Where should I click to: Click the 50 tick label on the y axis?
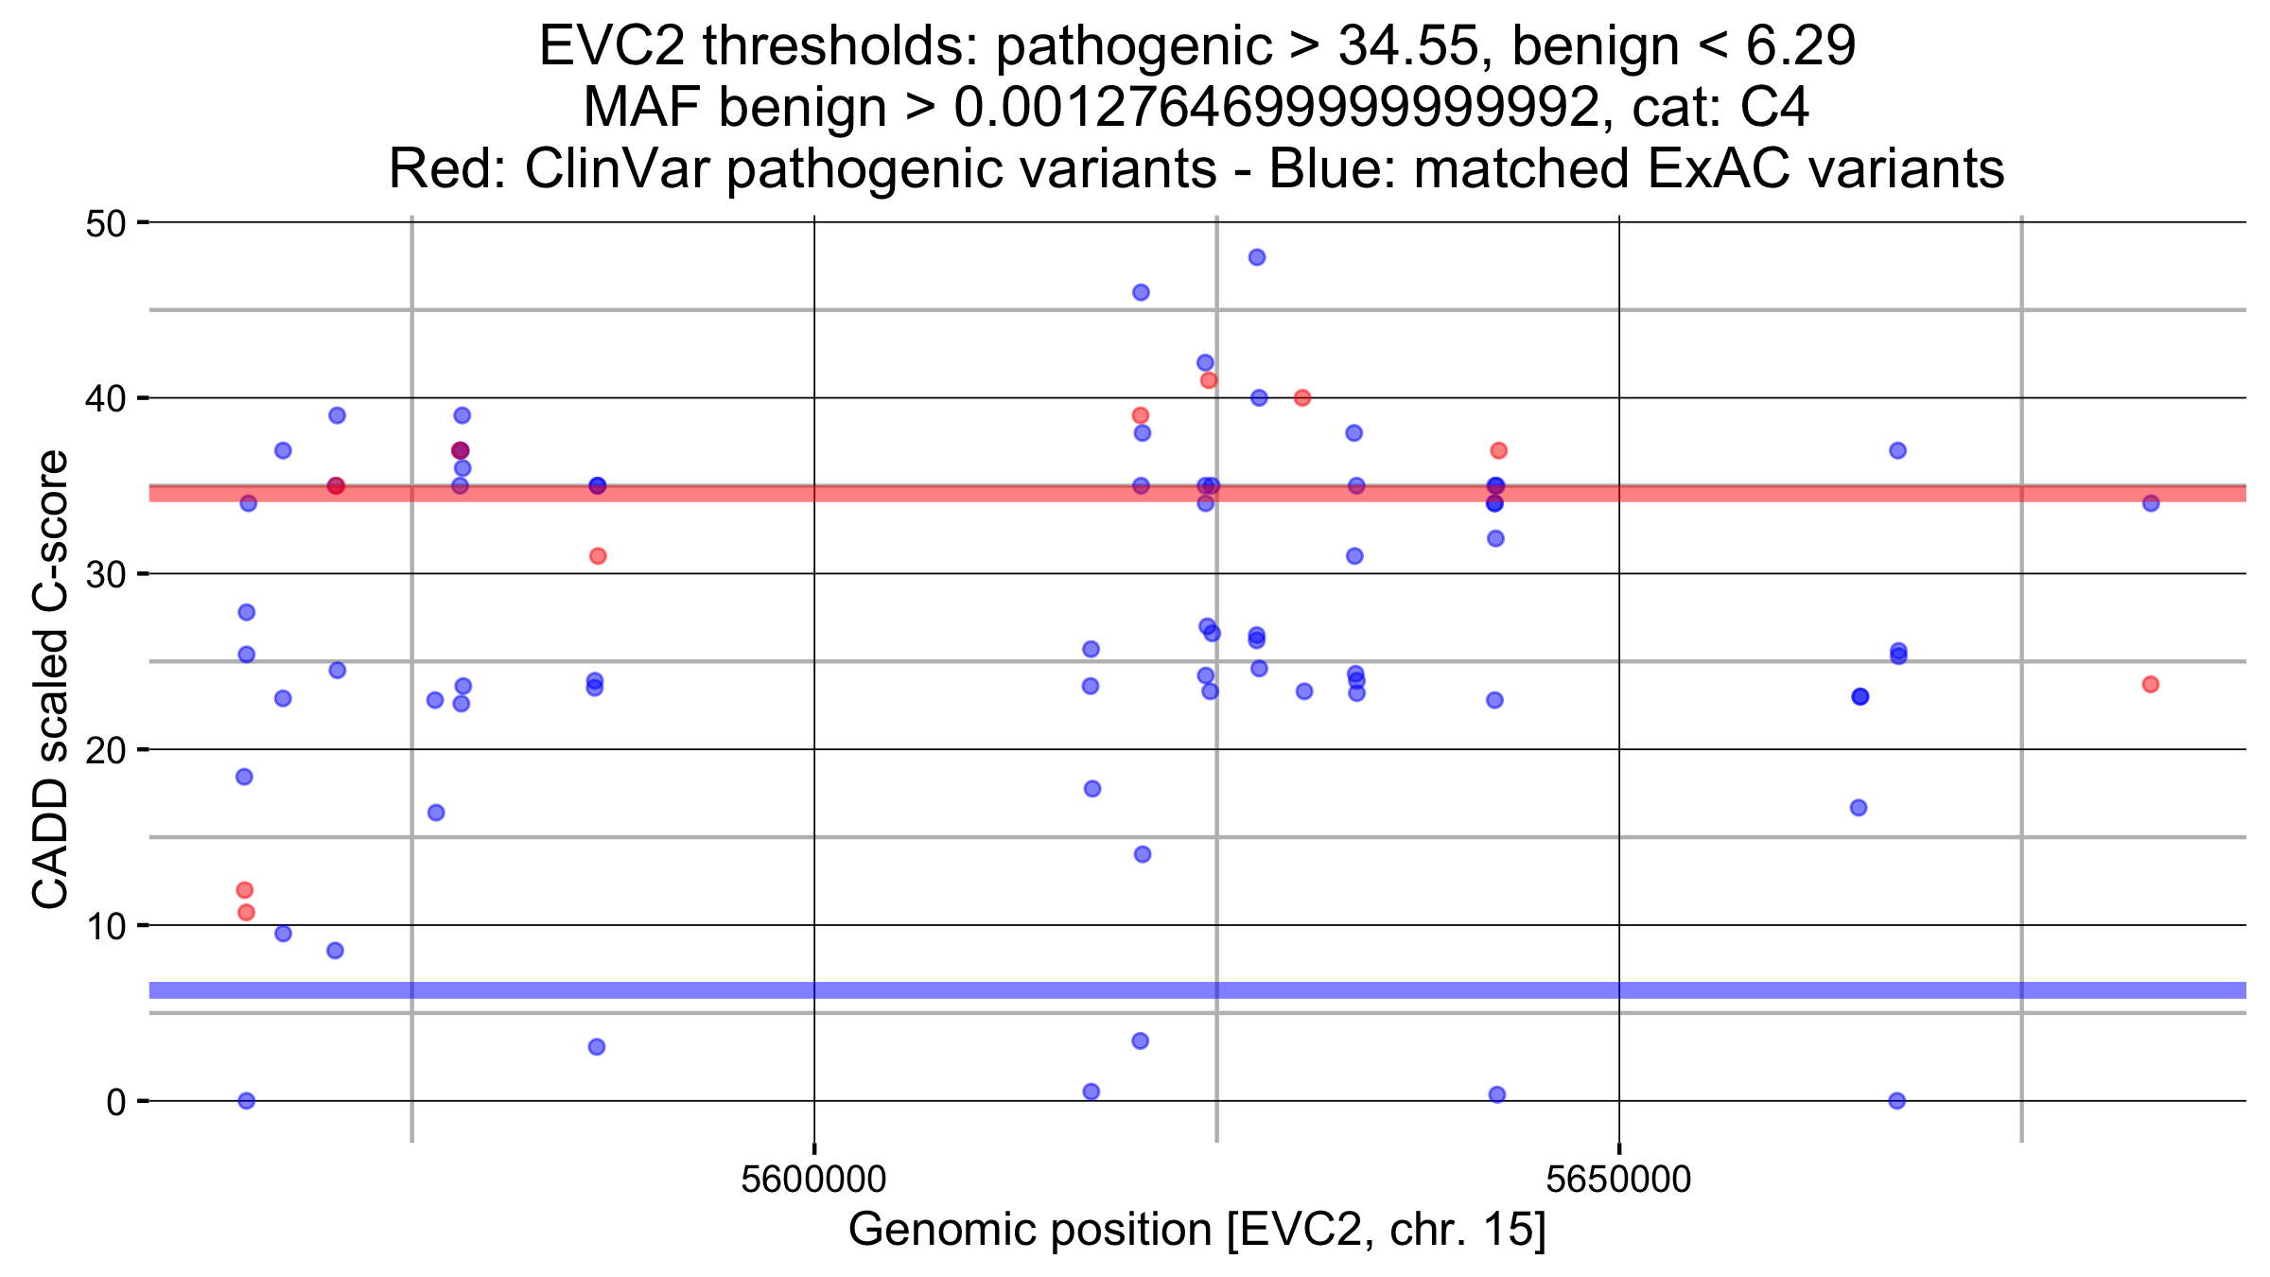105,224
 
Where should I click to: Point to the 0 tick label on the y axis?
115,1102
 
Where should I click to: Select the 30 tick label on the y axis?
105,575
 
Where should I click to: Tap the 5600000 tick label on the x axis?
813,1180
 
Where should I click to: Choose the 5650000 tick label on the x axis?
1618,1180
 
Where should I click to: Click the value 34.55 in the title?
1407,45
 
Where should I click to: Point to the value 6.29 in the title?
1801,45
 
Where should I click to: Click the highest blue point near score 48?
1257,257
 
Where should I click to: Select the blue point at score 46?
1141,292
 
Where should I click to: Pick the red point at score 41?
1209,380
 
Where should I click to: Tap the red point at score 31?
598,556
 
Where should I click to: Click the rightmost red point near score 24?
2151,684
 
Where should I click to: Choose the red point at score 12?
245,890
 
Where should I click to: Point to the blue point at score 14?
1143,854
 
